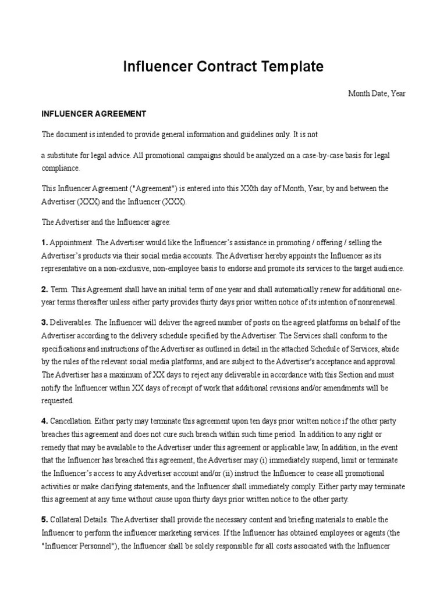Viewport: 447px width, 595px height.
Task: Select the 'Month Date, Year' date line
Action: (x=377, y=93)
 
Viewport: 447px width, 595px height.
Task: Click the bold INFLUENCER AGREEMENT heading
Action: (x=94, y=113)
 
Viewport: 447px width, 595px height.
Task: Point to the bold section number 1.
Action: (x=44, y=242)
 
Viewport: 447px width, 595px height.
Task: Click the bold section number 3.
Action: (x=44, y=322)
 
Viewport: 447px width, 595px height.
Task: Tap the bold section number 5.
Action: (x=44, y=519)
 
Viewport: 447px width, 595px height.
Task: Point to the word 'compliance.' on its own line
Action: (x=61, y=168)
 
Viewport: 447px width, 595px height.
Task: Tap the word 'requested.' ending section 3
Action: (x=58, y=400)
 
